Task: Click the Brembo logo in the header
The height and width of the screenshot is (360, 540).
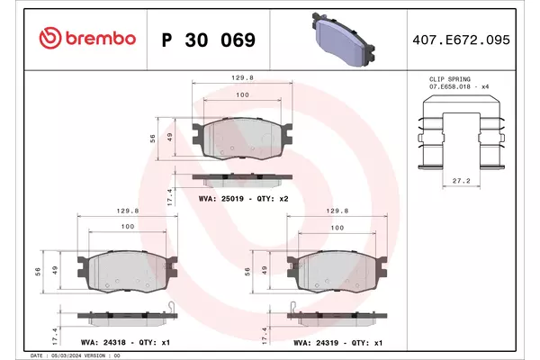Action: point(87,38)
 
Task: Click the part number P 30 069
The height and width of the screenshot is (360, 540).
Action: point(209,40)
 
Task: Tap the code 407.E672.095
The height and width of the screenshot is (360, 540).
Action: point(461,40)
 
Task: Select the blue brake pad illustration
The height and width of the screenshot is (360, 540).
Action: point(343,39)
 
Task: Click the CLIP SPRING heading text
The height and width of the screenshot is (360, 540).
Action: point(449,79)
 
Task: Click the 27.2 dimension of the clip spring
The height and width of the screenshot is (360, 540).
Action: point(461,181)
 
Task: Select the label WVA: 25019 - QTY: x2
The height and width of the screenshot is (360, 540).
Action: point(244,199)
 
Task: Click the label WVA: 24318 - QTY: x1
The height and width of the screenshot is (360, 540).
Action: point(125,342)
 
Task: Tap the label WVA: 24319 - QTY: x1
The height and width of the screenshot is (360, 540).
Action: point(337,343)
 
